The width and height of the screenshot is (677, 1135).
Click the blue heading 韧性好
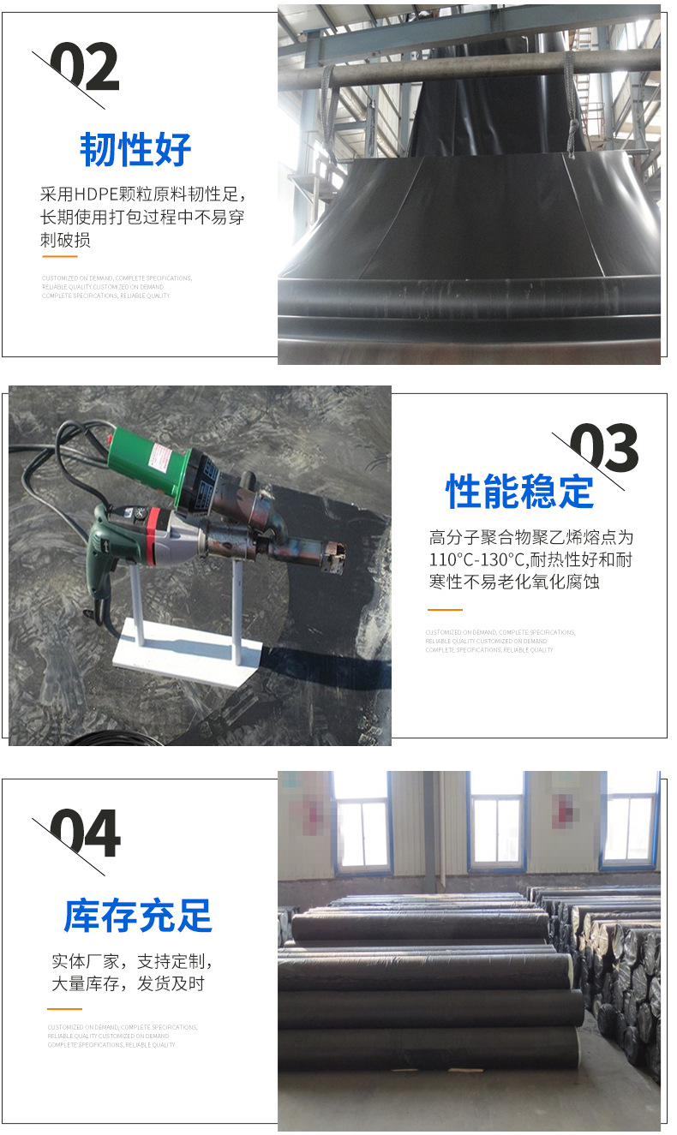[x=135, y=150]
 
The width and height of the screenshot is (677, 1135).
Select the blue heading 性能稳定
[x=519, y=492]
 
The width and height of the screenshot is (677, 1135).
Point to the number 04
[x=85, y=834]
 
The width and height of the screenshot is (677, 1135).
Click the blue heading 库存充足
[x=138, y=916]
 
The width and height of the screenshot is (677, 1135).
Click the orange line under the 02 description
[x=59, y=256]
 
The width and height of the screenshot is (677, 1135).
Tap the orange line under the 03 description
[x=444, y=610]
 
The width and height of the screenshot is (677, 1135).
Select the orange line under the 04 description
[x=64, y=1009]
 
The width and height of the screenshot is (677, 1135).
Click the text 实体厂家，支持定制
[x=131, y=961]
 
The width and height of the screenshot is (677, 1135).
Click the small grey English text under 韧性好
[x=117, y=287]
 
